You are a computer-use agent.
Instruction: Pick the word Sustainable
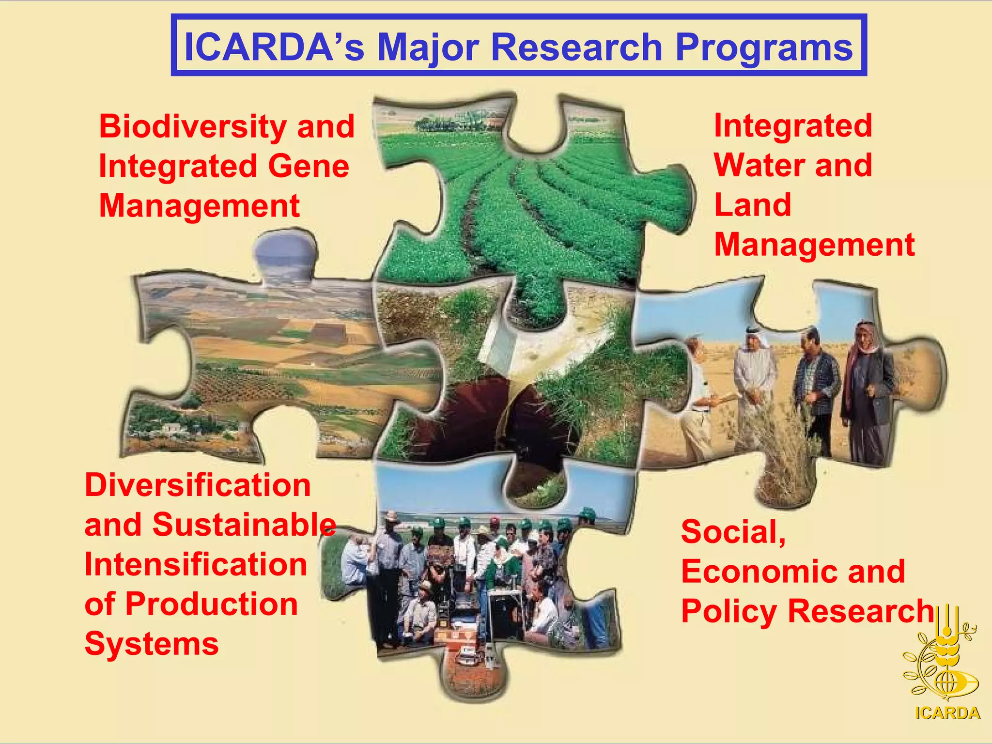pos(244,525)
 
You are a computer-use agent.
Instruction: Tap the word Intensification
pos(196,564)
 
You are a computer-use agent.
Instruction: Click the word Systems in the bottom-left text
pos(152,644)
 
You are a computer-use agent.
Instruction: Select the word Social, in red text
pos(733,531)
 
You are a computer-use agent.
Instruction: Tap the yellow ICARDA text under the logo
pos(947,713)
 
